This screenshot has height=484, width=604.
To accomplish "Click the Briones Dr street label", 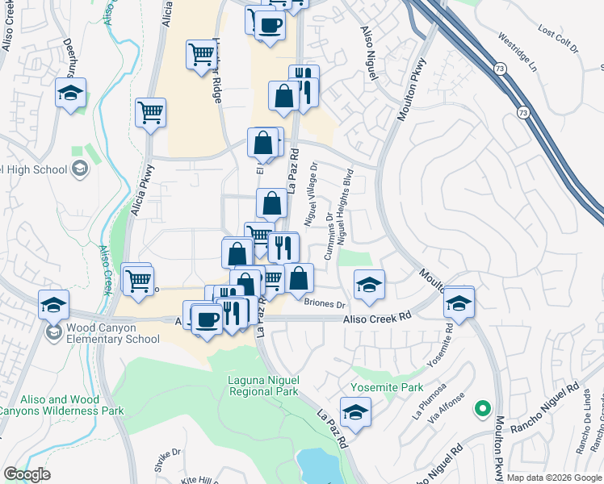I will tap(325, 304).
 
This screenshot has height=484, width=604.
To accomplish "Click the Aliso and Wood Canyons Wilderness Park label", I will tap(61, 405).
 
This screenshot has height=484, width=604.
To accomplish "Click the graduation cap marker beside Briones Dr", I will tap(369, 285).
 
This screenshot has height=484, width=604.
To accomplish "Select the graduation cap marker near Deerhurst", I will tap(71, 93).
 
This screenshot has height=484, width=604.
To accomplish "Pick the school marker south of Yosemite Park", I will tap(355, 412).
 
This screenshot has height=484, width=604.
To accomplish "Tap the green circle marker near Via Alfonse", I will tap(483, 409).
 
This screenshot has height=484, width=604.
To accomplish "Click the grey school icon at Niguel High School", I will tap(80, 168).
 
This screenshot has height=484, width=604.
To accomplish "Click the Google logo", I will tap(27, 474).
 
